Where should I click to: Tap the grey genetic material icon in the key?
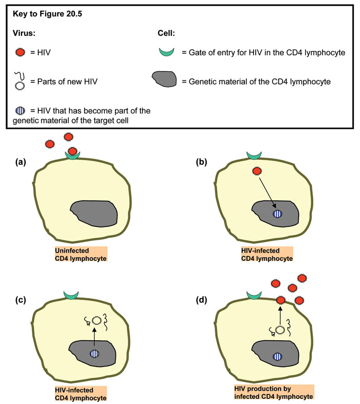tap(164, 81)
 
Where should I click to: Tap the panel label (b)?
tap(202, 162)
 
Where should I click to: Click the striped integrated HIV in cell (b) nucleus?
tap(277, 214)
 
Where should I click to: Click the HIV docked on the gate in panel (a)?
tap(72, 151)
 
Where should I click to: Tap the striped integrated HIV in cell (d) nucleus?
tap(277, 356)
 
